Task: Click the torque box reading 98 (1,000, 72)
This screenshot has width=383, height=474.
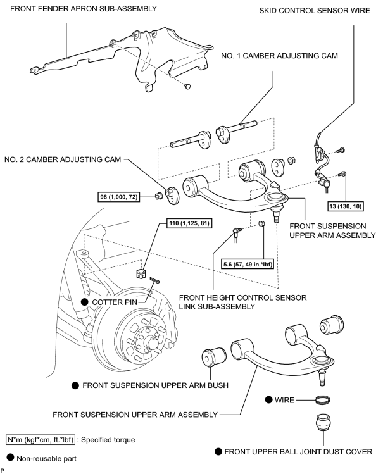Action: (119, 197)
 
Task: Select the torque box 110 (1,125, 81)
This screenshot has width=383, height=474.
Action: (189, 223)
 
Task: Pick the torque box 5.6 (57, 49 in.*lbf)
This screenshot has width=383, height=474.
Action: (248, 264)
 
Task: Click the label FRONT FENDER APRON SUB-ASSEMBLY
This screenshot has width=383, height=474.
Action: (84, 9)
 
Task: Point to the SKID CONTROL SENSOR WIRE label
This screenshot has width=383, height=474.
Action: (315, 11)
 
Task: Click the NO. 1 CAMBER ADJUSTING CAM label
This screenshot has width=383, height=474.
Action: (279, 56)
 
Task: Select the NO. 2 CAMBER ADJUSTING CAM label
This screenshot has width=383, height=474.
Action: (63, 159)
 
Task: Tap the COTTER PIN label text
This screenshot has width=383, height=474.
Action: (115, 302)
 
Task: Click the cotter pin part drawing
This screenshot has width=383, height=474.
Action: (154, 280)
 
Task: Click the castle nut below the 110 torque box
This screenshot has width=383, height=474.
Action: (140, 273)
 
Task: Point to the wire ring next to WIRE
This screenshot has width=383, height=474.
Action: (322, 400)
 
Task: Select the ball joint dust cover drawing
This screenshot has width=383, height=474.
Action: (323, 422)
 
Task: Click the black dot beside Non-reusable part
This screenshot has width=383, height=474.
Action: (10, 458)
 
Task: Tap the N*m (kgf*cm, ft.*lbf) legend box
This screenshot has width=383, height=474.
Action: (41, 440)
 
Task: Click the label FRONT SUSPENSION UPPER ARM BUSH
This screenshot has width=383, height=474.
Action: (155, 385)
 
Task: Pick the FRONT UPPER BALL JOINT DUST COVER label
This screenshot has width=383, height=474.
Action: (298, 452)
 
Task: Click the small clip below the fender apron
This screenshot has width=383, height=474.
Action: (187, 87)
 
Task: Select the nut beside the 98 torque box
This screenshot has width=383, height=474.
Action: (158, 196)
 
